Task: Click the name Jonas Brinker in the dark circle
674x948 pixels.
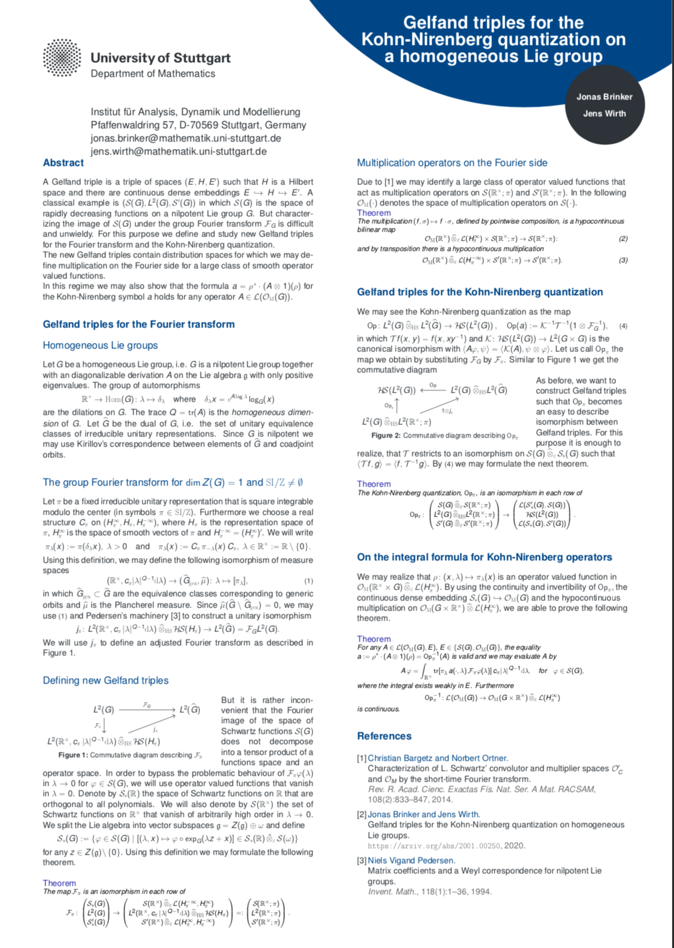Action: [x=604, y=96]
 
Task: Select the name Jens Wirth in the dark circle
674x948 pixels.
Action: [x=604, y=113]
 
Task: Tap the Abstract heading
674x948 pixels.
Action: [x=63, y=163]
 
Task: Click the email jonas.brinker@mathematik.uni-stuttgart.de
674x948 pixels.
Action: [x=186, y=138]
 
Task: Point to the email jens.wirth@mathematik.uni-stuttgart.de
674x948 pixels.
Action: [x=178, y=151]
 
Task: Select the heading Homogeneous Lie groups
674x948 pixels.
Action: [x=100, y=345]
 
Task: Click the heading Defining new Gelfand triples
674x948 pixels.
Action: [x=105, y=680]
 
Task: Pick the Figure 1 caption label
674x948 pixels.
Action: [x=77, y=755]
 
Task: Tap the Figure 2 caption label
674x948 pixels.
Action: [x=386, y=436]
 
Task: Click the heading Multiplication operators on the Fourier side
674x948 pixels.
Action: [x=452, y=163]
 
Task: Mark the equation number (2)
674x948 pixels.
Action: [x=623, y=239]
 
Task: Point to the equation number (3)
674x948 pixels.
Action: [x=623, y=260]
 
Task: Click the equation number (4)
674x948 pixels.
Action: [x=623, y=326]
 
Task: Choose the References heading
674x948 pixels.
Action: [x=384, y=736]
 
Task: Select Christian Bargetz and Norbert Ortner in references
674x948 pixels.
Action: [x=438, y=758]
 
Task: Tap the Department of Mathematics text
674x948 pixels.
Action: [x=153, y=74]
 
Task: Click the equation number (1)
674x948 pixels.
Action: [x=308, y=581]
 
